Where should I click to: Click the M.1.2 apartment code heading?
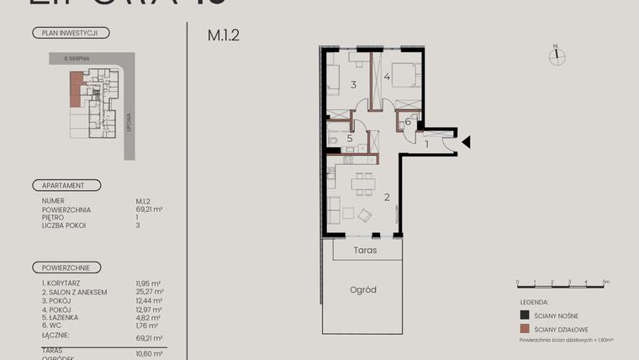pos(223,37)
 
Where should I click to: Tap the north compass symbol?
pos(556,56)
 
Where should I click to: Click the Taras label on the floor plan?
pos(365,251)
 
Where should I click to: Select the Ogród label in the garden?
pos(363,290)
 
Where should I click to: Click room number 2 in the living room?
pos(387,198)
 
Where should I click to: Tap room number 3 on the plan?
pos(354,85)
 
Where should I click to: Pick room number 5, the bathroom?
pos(349,139)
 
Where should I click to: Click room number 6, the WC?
pos(407,122)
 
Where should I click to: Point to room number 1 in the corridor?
pos(427,144)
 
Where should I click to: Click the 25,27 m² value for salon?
pos(150,292)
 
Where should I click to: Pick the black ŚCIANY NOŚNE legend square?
pos(524,315)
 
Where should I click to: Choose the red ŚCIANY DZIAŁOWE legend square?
pos(524,330)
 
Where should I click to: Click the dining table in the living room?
pos(363,183)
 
